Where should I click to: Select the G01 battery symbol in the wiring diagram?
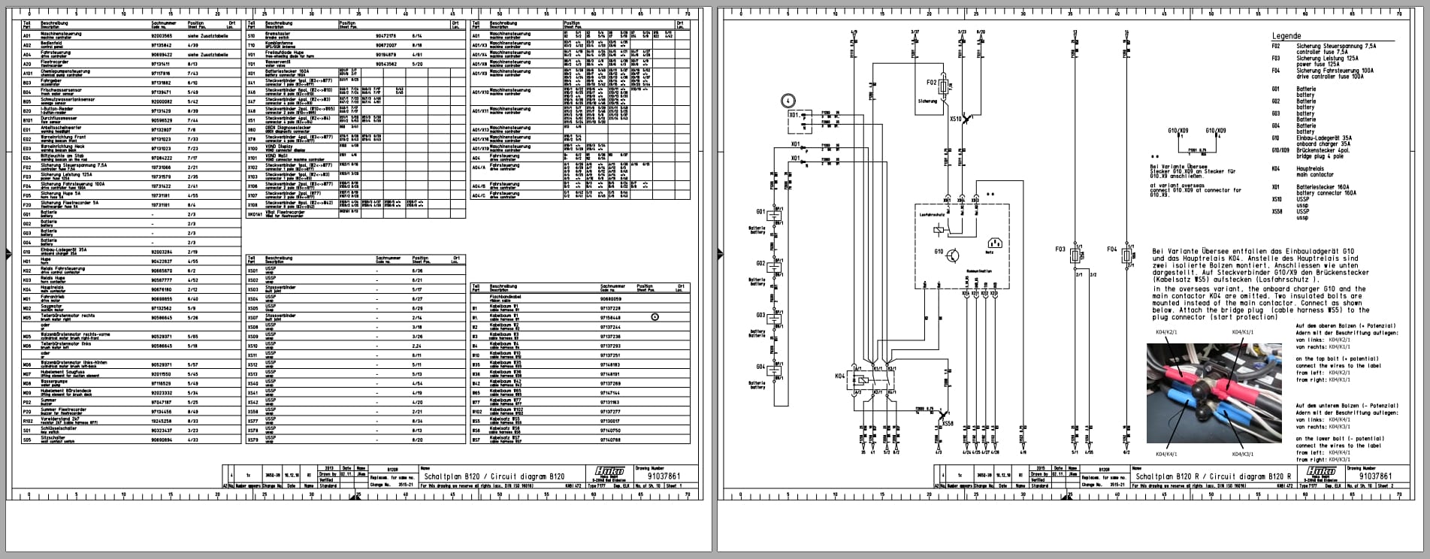click(x=776, y=215)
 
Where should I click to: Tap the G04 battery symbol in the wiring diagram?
click(x=776, y=370)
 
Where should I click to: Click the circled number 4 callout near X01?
click(x=786, y=100)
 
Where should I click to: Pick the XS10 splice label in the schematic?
click(x=956, y=119)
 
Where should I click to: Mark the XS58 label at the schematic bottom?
click(x=948, y=424)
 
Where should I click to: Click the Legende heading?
click(x=1286, y=36)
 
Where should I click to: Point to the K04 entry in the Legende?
click(x=1276, y=168)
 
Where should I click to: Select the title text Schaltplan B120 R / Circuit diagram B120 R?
click(x=1213, y=476)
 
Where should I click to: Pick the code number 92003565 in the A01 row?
click(x=162, y=35)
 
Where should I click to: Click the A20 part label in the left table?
click(x=27, y=64)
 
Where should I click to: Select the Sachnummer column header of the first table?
click(x=160, y=23)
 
